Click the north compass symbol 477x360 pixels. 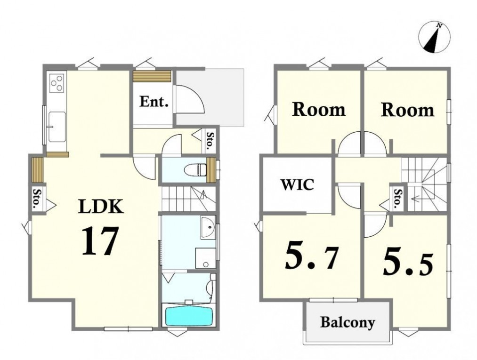434,38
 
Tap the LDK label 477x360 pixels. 101,207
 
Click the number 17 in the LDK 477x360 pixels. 99,240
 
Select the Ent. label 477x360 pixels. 154,102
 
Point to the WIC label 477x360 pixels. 297,184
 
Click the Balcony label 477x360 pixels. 348,323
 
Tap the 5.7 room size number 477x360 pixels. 311,256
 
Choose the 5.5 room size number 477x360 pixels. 407,261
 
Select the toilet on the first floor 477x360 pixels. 196,170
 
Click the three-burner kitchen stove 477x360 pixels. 57,82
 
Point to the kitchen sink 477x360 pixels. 57,127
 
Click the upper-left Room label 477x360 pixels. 319,110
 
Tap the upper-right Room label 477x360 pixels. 408,110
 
